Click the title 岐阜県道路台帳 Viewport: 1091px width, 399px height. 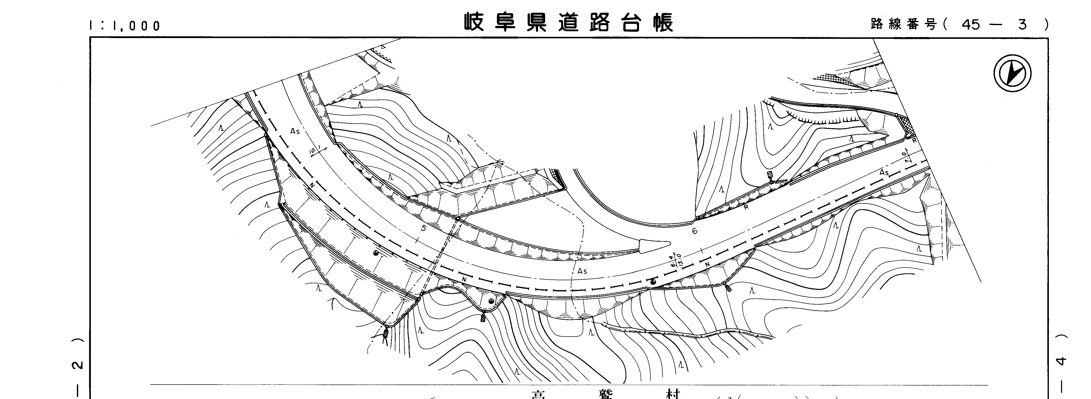[568, 22]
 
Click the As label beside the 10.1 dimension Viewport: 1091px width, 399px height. [295, 131]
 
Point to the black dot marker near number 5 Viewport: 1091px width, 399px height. [375, 254]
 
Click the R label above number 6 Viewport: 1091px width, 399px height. [746, 207]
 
